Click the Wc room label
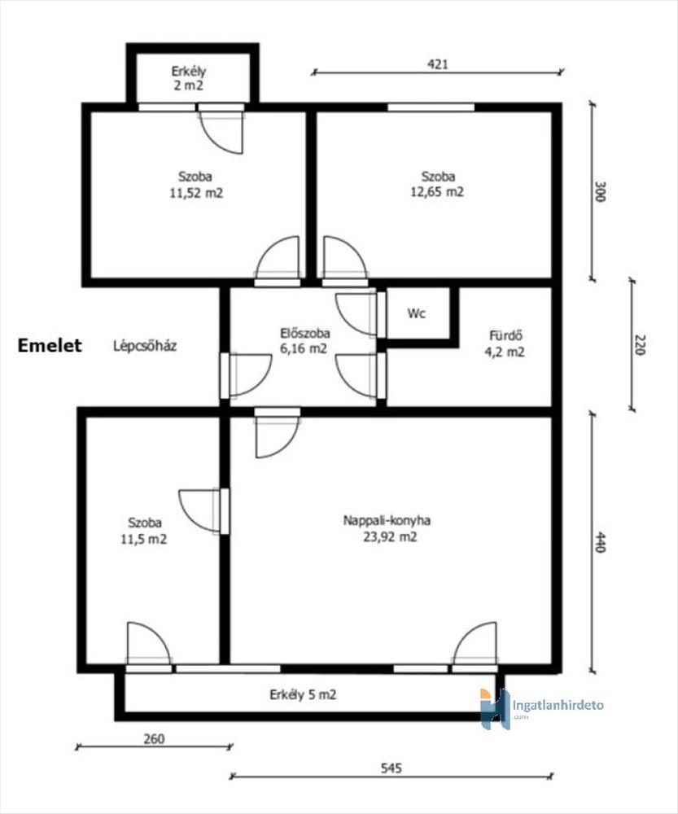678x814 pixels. [417, 313]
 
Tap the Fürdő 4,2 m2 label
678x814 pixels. [504, 344]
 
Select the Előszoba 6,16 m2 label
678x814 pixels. [304, 340]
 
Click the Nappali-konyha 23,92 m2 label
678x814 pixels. [387, 528]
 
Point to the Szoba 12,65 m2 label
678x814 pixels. [438, 184]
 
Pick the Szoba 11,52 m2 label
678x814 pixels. [195, 185]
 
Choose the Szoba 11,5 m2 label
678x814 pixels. [144, 531]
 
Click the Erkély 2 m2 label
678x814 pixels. [189, 78]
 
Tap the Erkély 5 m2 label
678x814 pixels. [303, 694]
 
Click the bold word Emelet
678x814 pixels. [50, 346]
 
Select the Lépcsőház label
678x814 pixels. [145, 346]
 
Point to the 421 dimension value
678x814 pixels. [437, 63]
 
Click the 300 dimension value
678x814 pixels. [600, 191]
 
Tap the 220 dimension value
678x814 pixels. [639, 345]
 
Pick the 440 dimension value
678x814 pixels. [600, 542]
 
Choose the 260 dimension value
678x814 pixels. [154, 738]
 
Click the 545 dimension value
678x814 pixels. [391, 768]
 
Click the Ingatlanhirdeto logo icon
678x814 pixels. [495, 709]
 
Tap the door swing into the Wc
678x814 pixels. [356, 314]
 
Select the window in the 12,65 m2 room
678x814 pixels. [431, 107]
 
